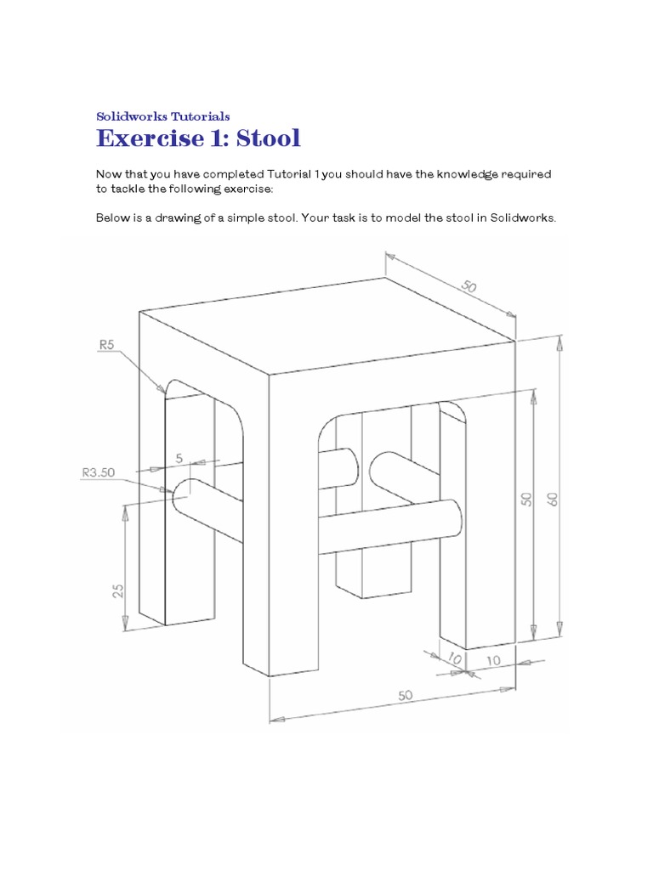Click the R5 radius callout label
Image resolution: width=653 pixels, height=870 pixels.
pos(106,344)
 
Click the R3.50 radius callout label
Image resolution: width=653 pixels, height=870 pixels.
pos(98,472)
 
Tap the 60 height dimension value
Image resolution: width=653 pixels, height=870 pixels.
pos(553,499)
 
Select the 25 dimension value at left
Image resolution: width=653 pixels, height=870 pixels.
pos(119,590)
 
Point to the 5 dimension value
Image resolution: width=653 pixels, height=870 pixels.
pos(179,458)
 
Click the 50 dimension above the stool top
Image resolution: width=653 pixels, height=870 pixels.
pos(469,287)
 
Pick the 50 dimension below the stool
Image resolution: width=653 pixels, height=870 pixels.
pos(405,695)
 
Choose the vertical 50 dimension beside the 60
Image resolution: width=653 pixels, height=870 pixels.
pos(526,499)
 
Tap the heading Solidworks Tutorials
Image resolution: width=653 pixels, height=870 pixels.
pos(163,116)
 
